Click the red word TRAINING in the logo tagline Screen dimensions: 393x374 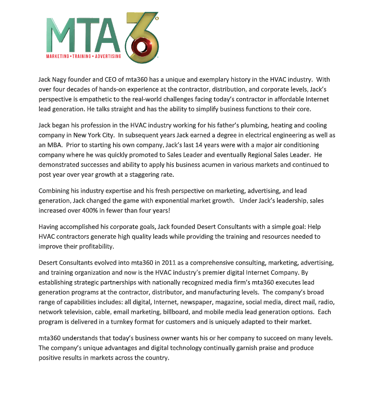[86, 57]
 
